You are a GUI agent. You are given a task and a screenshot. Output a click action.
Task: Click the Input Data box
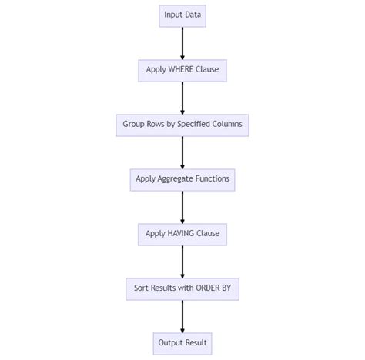point(182,15)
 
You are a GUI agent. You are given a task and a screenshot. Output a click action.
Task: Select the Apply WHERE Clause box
point(182,70)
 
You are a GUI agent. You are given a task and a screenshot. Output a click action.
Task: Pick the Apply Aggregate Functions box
point(182,179)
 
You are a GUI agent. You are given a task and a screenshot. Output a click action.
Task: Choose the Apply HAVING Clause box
point(182,234)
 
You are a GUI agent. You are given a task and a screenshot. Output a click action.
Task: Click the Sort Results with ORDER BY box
point(182,288)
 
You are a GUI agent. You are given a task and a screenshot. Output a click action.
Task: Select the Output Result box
point(182,343)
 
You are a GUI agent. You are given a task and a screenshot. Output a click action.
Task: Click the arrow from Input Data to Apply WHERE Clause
point(182,43)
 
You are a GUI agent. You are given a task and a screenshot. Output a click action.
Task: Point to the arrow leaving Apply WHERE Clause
point(182,98)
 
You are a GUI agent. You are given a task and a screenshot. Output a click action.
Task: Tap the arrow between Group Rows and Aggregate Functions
point(182,152)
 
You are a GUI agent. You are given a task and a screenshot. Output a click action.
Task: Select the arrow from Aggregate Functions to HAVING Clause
point(182,207)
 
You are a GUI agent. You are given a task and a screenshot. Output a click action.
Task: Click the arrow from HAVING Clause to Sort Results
point(182,262)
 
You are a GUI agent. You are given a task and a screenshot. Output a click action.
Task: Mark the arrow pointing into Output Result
point(182,316)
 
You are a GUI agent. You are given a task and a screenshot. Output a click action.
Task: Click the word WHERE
point(182,70)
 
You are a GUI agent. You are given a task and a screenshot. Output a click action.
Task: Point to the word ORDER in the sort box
point(211,288)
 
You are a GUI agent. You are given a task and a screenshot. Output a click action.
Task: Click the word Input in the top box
point(172,15)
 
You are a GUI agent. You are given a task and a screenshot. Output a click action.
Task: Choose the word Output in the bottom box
point(172,343)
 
